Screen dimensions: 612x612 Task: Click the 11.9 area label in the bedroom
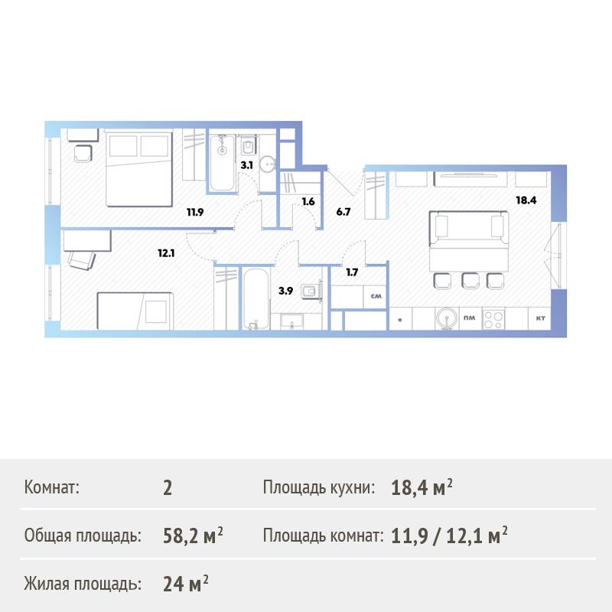[x=195, y=213]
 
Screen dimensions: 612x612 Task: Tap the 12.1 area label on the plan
[x=166, y=253]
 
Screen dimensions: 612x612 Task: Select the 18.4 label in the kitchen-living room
[x=526, y=200]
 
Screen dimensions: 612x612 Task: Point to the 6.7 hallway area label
[x=343, y=212]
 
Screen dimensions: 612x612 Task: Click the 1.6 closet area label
[x=308, y=202]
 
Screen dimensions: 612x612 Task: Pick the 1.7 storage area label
[x=352, y=272]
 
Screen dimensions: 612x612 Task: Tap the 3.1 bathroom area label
[x=246, y=165]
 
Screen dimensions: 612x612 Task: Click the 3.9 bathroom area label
[x=285, y=291]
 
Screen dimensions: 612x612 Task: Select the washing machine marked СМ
[x=375, y=297]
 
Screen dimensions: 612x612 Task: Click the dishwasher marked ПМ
[x=470, y=318]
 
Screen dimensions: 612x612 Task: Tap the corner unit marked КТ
[x=540, y=318]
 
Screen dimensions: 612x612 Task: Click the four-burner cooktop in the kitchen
[x=493, y=319]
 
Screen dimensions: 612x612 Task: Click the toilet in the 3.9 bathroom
[x=311, y=291]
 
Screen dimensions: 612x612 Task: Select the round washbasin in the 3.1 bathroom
[x=268, y=164]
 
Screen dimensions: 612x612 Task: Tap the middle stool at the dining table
[x=470, y=281]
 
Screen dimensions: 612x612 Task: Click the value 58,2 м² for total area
[x=193, y=535]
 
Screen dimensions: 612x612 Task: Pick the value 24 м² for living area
[x=186, y=584]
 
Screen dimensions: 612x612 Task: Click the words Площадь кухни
[x=319, y=487]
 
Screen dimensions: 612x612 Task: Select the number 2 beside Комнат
[x=168, y=488]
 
